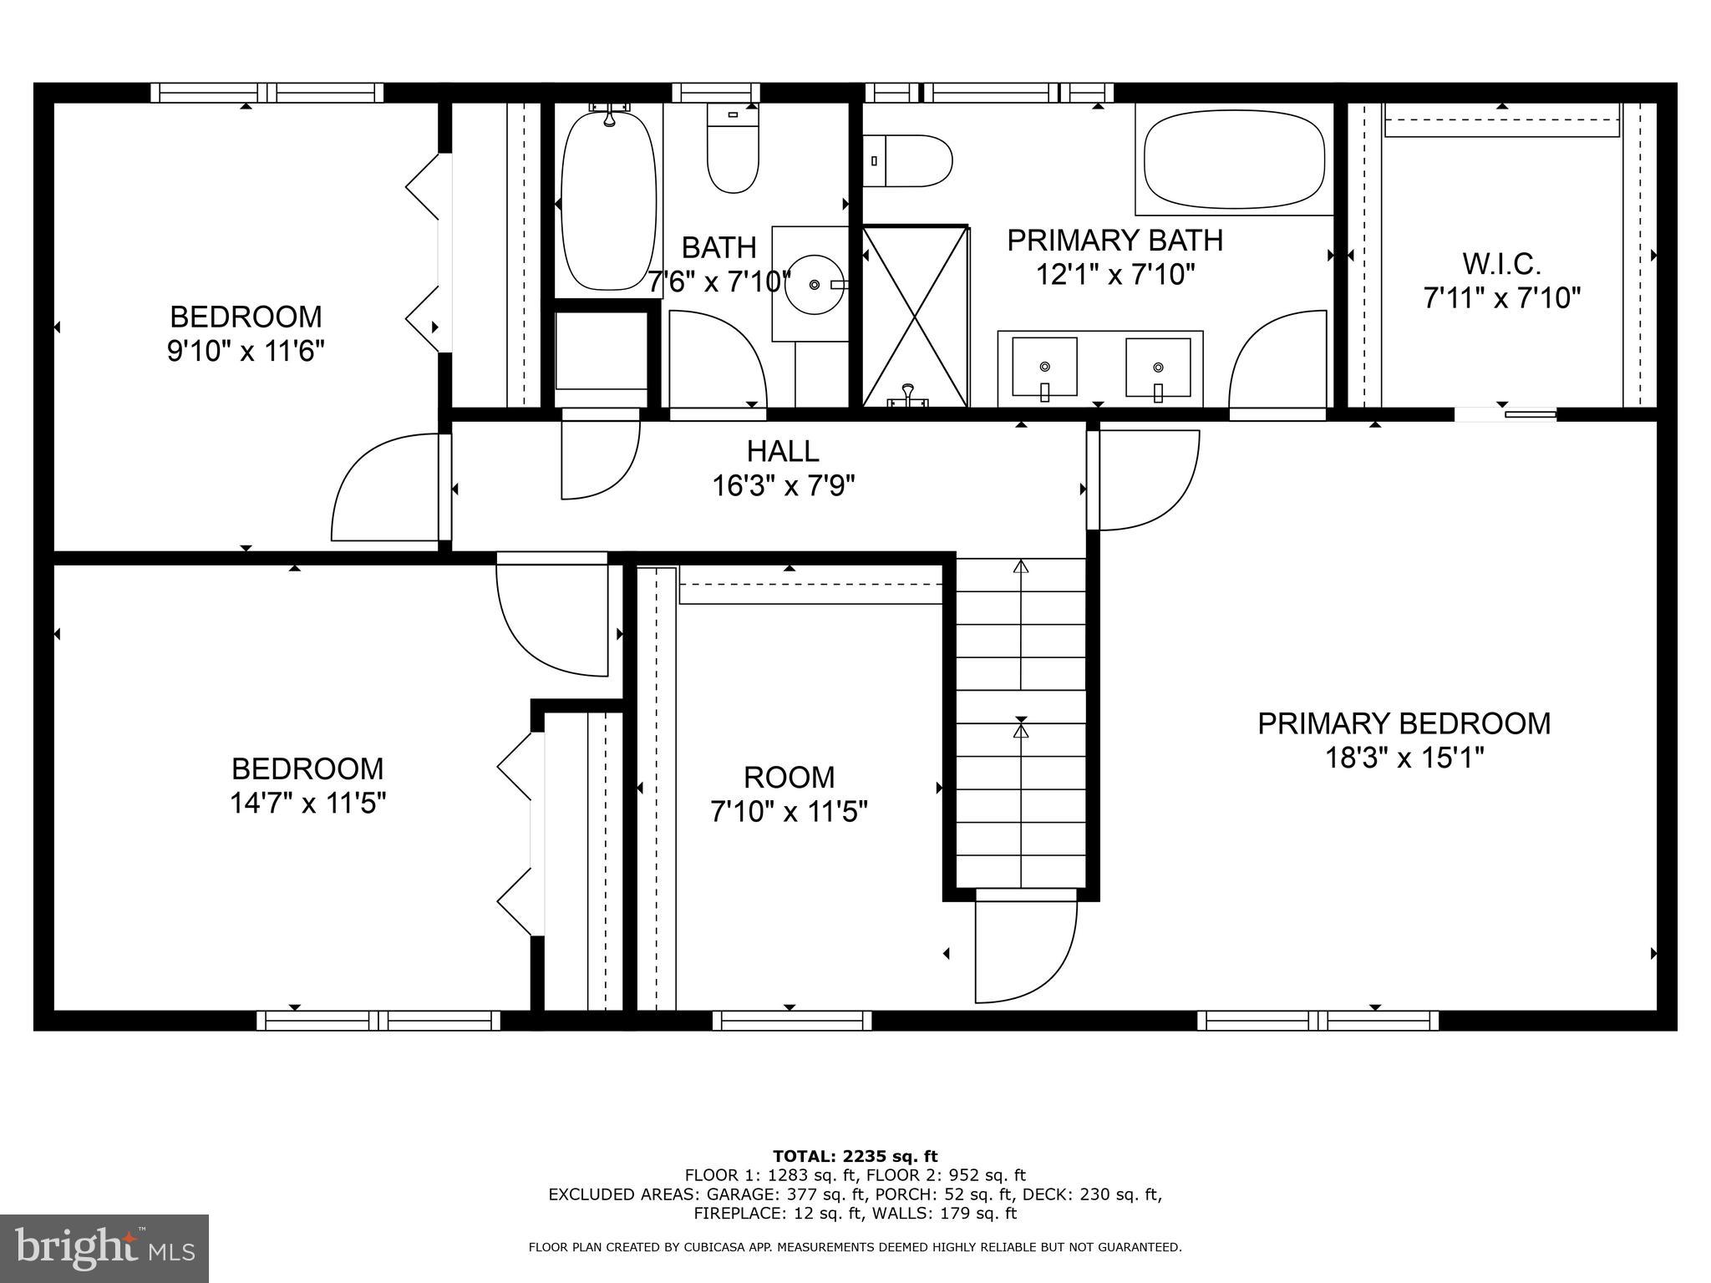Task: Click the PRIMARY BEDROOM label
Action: [1404, 723]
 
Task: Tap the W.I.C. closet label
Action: [1501, 265]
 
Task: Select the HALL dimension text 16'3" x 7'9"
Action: [783, 485]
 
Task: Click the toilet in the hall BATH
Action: [733, 150]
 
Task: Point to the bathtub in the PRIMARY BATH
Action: [1234, 160]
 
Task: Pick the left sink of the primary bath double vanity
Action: [1044, 368]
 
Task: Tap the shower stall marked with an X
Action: [915, 317]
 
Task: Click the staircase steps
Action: [1020, 727]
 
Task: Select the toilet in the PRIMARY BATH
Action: [911, 161]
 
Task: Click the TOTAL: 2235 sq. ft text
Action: [855, 1156]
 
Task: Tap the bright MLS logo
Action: [104, 1248]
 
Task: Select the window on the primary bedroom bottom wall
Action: [1318, 1020]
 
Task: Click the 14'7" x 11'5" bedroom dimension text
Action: [307, 804]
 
